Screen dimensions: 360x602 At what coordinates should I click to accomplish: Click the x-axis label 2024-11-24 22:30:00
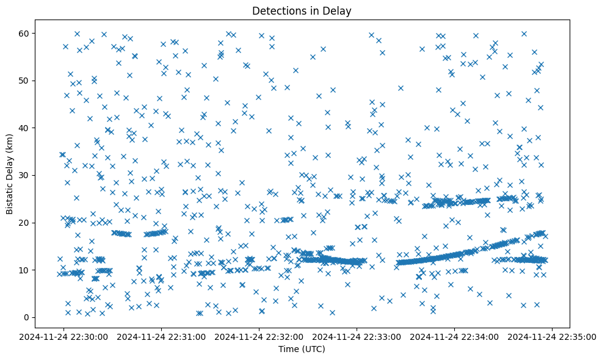pyautogui.click(x=64, y=336)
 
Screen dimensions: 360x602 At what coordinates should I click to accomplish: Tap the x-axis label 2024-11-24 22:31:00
pyautogui.click(x=162, y=336)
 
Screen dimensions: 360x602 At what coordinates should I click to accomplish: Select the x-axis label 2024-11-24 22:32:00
pyautogui.click(x=259, y=336)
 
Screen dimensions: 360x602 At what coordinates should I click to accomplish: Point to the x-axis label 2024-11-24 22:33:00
pyautogui.click(x=357, y=336)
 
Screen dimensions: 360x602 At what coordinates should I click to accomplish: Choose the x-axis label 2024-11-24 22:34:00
pyautogui.click(x=455, y=336)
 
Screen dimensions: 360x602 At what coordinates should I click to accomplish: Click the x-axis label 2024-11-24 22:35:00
pyautogui.click(x=553, y=336)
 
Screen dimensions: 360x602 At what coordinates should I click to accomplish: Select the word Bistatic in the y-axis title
pyautogui.click(x=10, y=195)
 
